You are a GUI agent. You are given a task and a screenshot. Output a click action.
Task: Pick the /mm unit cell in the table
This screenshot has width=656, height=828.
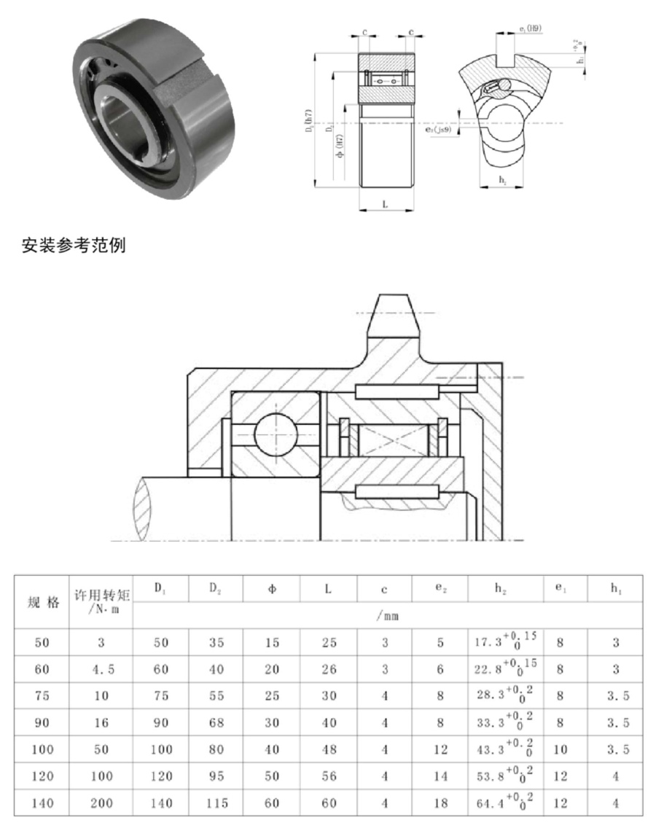click(x=386, y=616)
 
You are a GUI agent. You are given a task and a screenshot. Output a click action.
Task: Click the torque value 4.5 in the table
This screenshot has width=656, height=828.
click(x=102, y=669)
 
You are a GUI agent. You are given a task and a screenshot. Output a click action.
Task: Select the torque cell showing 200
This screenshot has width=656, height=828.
click(x=102, y=803)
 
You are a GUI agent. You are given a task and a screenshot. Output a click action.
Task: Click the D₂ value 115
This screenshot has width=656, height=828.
click(x=216, y=803)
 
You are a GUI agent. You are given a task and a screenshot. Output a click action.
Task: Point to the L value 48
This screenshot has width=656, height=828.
click(x=329, y=749)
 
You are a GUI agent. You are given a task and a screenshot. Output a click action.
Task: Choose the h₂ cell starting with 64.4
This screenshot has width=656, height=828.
click(x=505, y=802)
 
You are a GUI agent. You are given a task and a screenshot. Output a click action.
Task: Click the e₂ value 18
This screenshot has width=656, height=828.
click(x=440, y=803)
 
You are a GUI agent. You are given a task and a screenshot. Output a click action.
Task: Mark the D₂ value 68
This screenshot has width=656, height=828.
click(x=216, y=723)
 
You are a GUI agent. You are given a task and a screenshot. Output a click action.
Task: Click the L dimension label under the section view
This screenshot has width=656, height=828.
click(x=385, y=205)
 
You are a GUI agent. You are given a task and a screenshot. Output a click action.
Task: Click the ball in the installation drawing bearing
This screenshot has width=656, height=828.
click(x=276, y=434)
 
